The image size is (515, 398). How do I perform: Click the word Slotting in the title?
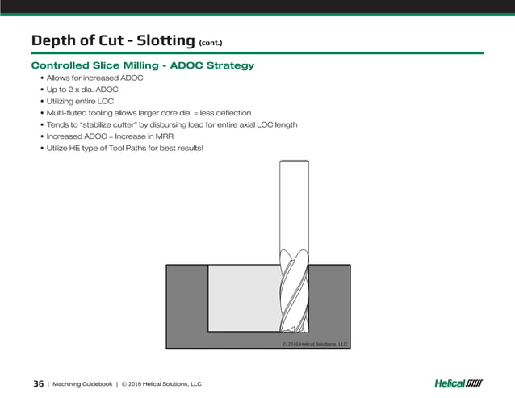162,40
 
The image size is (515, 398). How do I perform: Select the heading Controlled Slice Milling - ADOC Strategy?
142,65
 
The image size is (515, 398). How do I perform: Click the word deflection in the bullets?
233,113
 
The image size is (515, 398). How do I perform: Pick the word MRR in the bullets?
171,136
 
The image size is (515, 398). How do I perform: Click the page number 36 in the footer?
38,383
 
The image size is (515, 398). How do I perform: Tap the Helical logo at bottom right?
458,383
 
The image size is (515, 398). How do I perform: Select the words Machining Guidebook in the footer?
82,383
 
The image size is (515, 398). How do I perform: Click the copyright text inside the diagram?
314,343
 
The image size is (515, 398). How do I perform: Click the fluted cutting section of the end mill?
293,295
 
